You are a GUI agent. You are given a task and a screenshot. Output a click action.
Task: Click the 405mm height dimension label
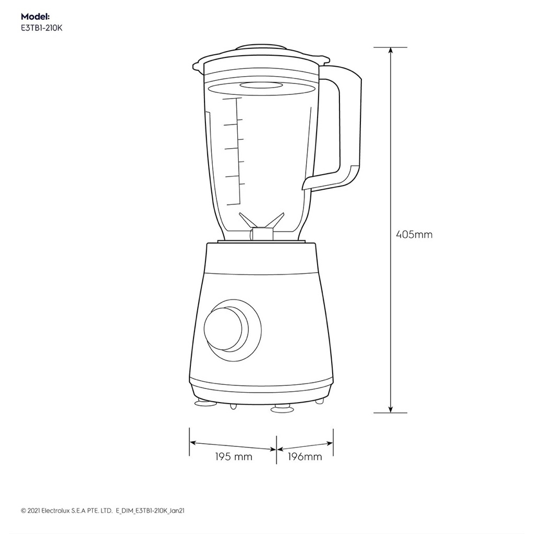tap(414, 234)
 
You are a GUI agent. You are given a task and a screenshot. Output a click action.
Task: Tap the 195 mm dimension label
tap(234, 456)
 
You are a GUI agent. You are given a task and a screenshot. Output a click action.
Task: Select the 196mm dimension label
tap(305, 456)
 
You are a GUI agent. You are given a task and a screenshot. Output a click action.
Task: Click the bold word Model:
tap(35, 16)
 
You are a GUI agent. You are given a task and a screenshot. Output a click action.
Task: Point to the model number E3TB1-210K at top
tap(42, 28)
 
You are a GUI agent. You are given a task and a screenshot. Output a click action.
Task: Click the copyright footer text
tap(103, 511)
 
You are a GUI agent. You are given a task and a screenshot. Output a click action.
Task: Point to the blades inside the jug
tap(262, 221)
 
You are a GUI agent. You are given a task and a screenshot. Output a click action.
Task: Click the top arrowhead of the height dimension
tap(391, 50)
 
